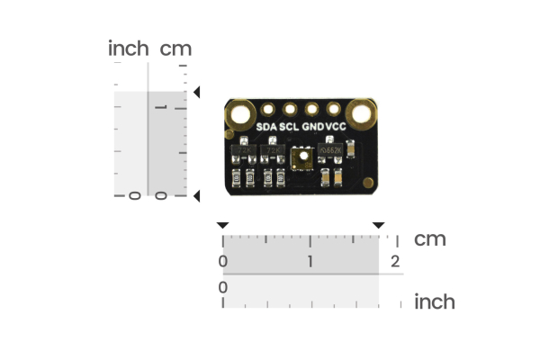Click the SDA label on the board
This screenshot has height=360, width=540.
coord(266,127)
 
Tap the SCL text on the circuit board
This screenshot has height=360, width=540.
coord(289,127)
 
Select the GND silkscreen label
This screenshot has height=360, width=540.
coord(312,127)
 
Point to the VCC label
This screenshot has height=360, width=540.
coord(336,127)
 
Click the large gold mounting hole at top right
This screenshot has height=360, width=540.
coord(362,114)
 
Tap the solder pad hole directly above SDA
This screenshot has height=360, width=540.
coord(267,110)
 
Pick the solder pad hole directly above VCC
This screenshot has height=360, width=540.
coord(335,110)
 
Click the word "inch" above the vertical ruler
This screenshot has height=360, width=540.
coord(128,49)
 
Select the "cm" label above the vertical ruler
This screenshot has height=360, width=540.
coord(175,49)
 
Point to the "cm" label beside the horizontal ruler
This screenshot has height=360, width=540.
coord(430,239)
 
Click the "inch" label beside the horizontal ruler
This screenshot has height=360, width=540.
coord(435,301)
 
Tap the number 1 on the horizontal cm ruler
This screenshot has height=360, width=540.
coord(310,261)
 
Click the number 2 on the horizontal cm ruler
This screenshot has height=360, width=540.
coord(395,261)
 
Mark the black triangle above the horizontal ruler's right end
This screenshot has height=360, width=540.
coord(379,225)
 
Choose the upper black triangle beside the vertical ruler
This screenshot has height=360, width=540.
coord(197,92)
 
